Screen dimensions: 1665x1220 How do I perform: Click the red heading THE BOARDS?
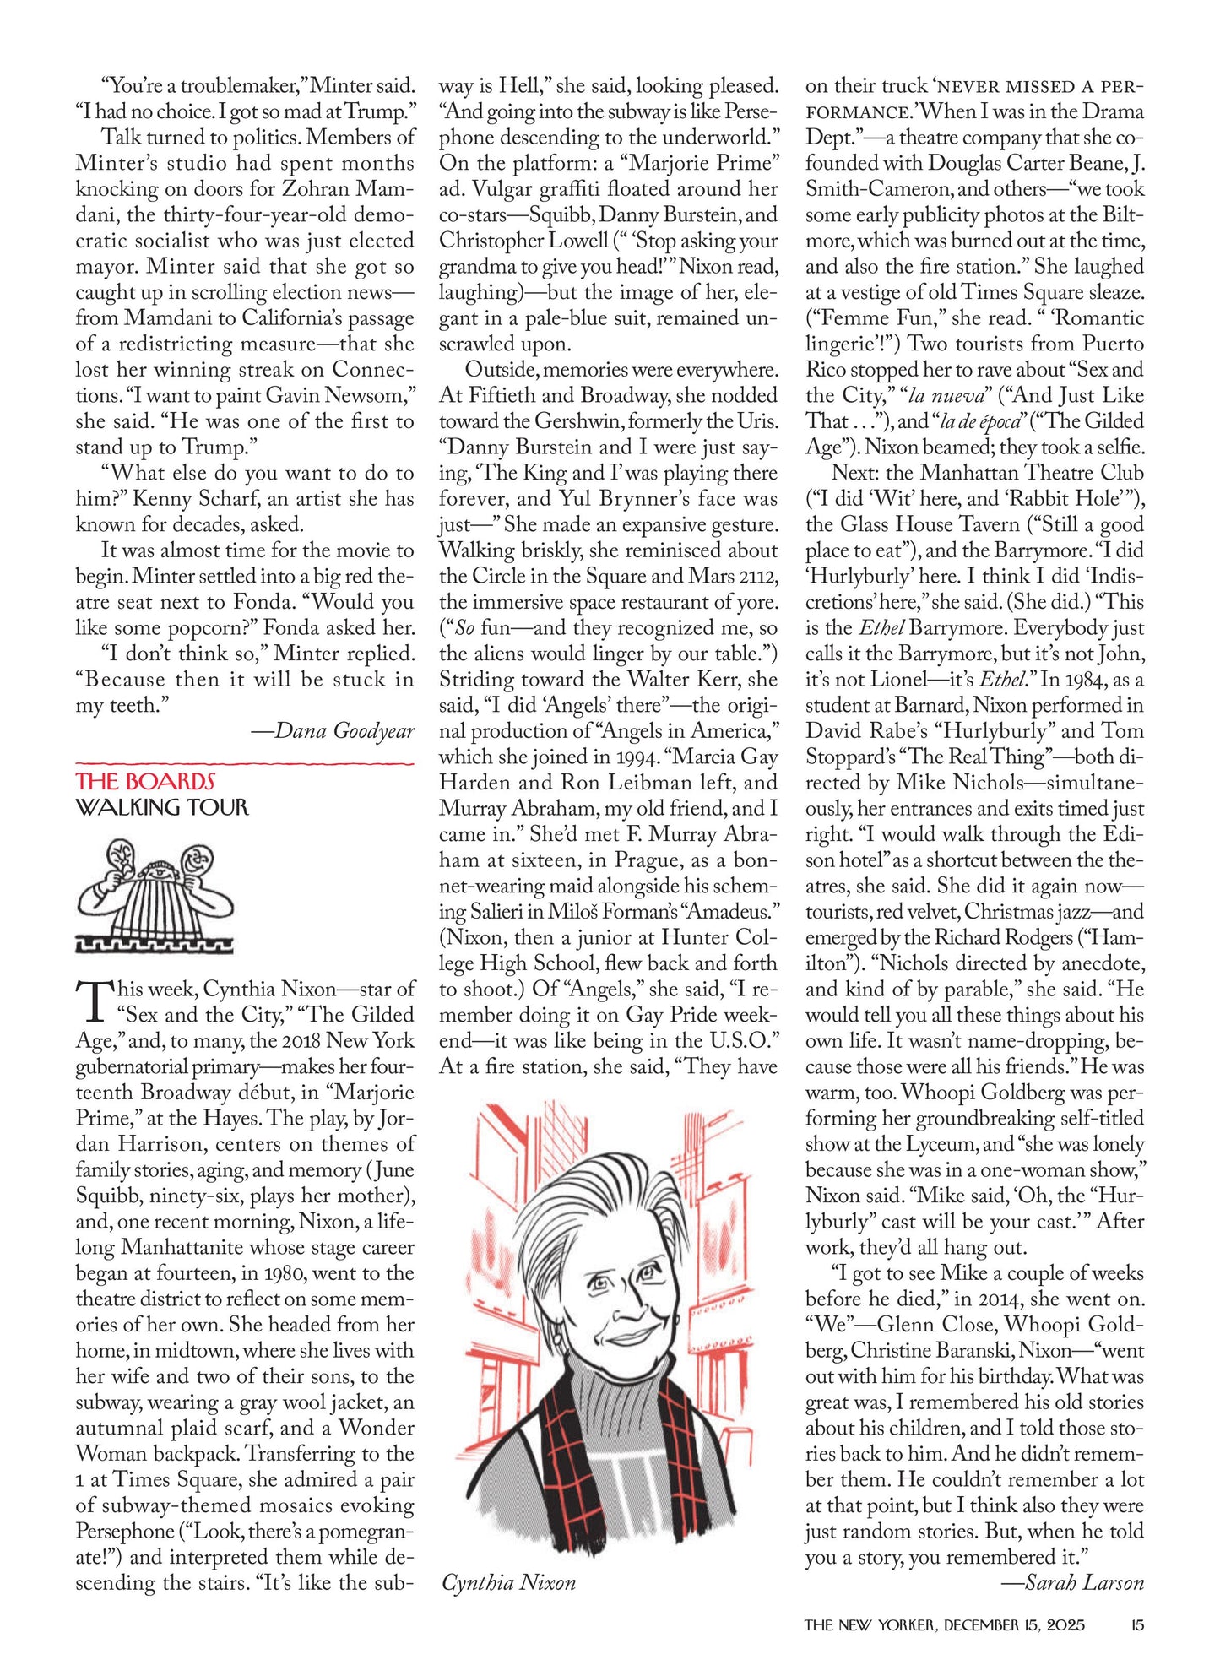pyautogui.click(x=144, y=781)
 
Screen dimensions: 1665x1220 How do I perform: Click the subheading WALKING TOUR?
pyautogui.click(x=162, y=808)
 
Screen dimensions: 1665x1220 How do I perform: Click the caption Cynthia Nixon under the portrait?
pyautogui.click(x=508, y=1582)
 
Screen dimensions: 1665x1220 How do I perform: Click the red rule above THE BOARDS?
pyautogui.click(x=245, y=763)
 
